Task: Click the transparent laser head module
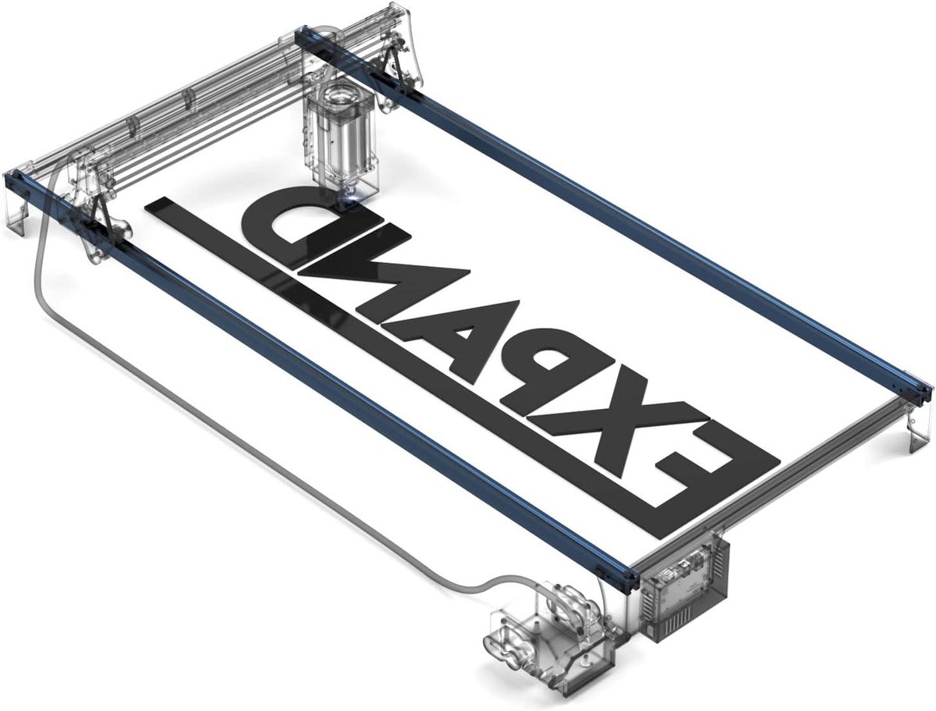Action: pyautogui.click(x=341, y=137)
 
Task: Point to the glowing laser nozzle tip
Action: pyautogui.click(x=350, y=199)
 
